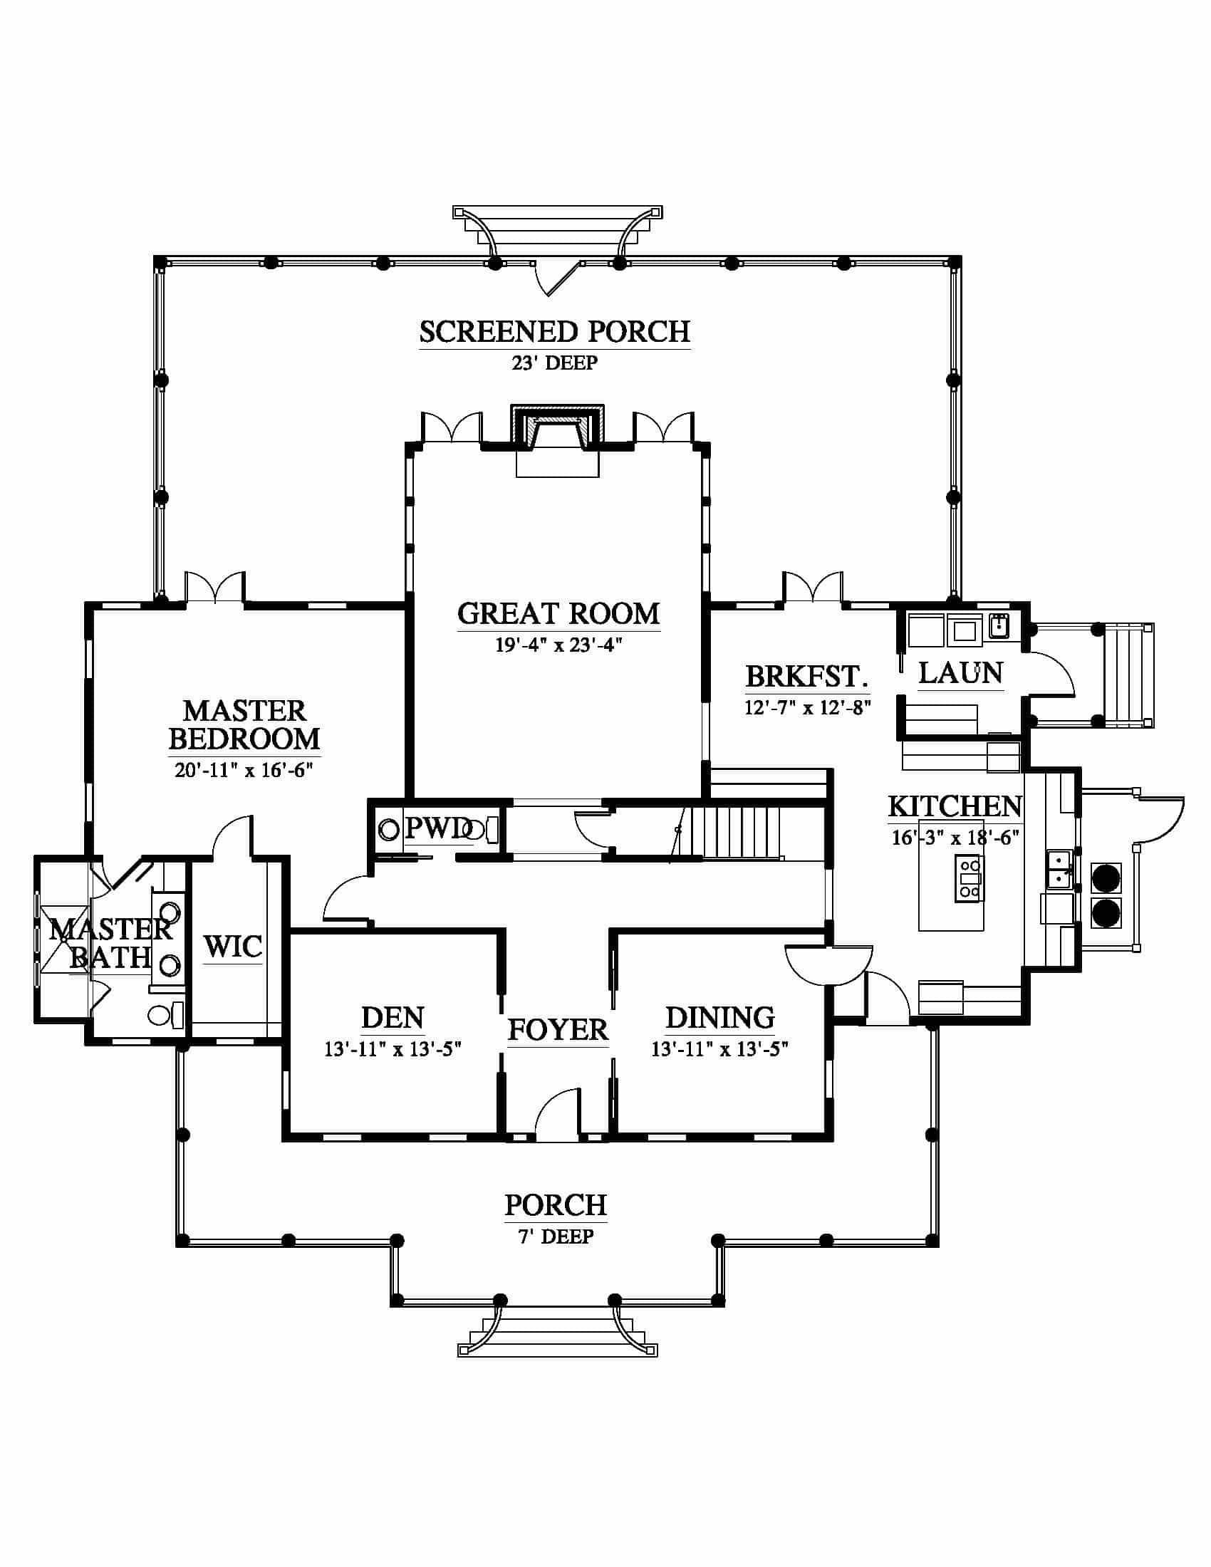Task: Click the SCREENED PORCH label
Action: click(x=554, y=331)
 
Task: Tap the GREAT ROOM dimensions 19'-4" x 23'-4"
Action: click(x=558, y=645)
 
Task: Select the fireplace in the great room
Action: click(x=558, y=430)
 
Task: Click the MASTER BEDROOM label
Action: click(x=244, y=724)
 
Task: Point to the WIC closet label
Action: click(x=232, y=947)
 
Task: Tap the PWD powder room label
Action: click(x=437, y=828)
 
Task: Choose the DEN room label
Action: click(x=393, y=1017)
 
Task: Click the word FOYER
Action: click(x=558, y=1030)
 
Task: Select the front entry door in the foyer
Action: click(x=558, y=1114)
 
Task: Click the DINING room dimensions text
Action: click(x=719, y=1049)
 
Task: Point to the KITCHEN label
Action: click(x=955, y=806)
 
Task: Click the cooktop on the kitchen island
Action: click(x=970, y=878)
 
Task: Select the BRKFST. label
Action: click(x=807, y=676)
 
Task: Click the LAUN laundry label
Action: click(x=961, y=673)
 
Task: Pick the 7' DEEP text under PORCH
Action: click(x=556, y=1237)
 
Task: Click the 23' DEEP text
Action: click(x=554, y=363)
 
